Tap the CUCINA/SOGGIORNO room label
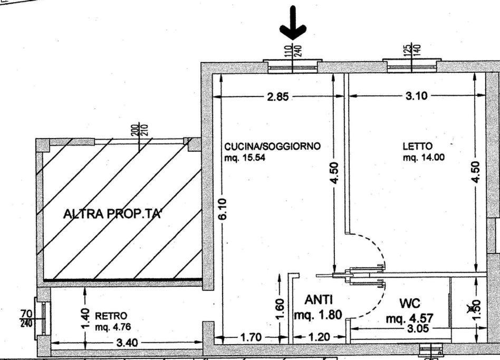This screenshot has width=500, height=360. [x=272, y=146]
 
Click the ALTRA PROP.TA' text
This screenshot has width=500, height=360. [x=112, y=214]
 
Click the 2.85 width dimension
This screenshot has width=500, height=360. [x=278, y=96]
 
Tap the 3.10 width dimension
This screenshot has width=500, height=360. [x=417, y=95]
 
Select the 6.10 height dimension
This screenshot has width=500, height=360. [x=223, y=209]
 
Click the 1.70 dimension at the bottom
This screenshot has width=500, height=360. [x=251, y=337]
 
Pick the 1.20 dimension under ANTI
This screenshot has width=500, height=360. [x=320, y=337]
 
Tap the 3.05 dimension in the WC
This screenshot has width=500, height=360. [x=418, y=328]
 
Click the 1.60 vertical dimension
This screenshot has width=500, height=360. [x=280, y=308]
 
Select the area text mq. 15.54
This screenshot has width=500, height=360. [x=245, y=158]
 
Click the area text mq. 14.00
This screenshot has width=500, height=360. [x=424, y=157]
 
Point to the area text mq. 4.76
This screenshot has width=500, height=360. [x=113, y=327]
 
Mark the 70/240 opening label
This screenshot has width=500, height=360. [x=26, y=318]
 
